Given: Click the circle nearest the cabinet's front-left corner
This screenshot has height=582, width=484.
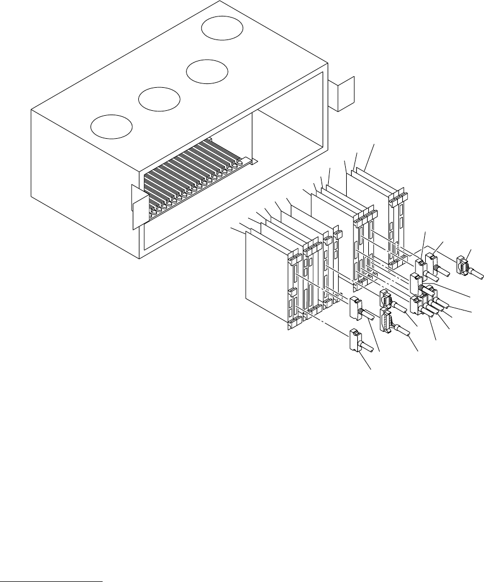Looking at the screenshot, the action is [112, 126].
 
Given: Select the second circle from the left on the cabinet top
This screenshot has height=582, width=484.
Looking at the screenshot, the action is [159, 99].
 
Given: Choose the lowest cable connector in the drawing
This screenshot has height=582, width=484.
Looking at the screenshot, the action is [354, 340].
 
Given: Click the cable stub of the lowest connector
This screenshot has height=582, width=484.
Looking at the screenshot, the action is [371, 348].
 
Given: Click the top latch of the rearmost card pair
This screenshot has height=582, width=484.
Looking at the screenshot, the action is [399, 195].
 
